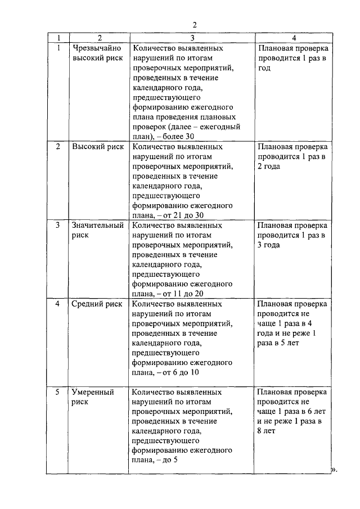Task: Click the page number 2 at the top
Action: (x=194, y=24)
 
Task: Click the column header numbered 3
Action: (x=192, y=38)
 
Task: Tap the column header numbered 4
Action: (x=293, y=38)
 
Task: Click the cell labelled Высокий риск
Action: (x=97, y=147)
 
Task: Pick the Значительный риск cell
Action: (x=97, y=230)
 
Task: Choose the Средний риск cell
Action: (x=97, y=304)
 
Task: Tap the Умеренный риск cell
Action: (x=93, y=397)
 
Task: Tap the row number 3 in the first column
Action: (x=58, y=226)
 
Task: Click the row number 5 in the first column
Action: (x=58, y=392)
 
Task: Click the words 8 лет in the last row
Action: (x=267, y=431)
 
